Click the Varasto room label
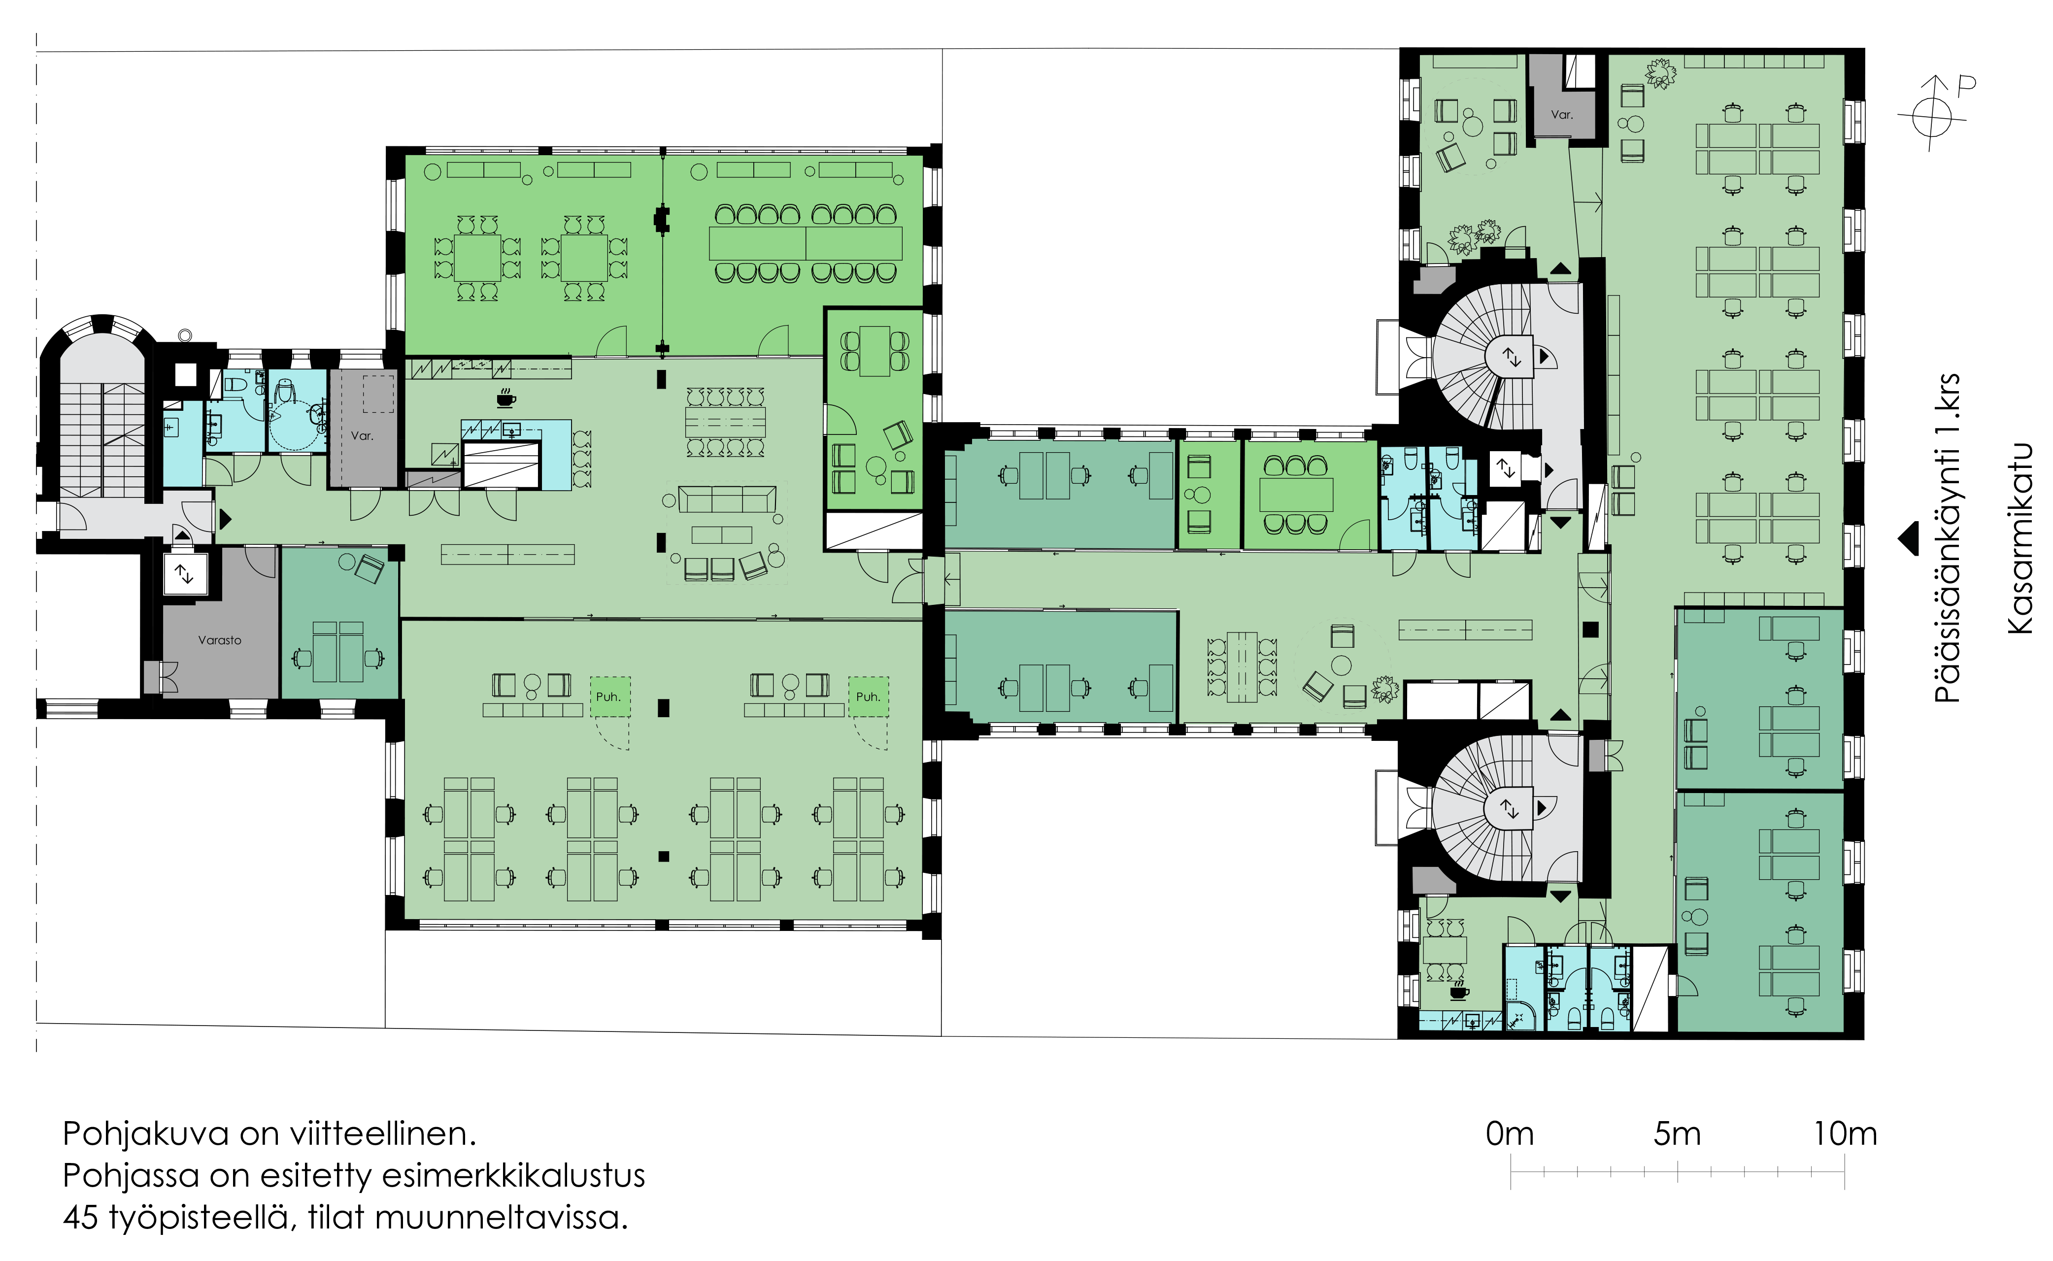(x=219, y=640)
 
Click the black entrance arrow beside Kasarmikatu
(x=1907, y=539)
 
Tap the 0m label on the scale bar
(x=1510, y=1134)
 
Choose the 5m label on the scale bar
(x=1677, y=1134)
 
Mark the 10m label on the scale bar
(x=1845, y=1134)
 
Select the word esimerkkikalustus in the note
(x=513, y=1176)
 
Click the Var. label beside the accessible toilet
(x=362, y=435)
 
